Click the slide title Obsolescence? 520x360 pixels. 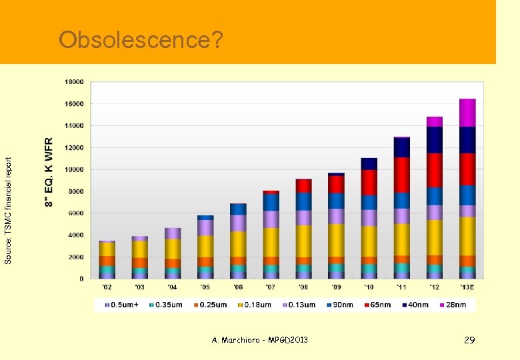click(x=141, y=40)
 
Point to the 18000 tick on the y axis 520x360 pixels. click(x=74, y=82)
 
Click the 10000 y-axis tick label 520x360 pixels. click(x=74, y=169)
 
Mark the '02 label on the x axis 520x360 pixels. click(x=107, y=287)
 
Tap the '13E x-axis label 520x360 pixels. click(x=467, y=287)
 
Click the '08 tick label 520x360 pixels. click(x=303, y=287)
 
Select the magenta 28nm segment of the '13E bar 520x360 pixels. click(x=467, y=113)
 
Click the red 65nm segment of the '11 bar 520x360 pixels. click(x=402, y=175)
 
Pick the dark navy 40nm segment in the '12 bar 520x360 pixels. click(x=435, y=139)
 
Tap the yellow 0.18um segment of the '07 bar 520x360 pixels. click(x=271, y=242)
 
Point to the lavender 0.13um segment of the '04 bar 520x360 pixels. click(x=173, y=233)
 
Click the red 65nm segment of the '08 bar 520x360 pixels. click(x=303, y=185)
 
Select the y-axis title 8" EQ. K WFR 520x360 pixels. click(x=49, y=172)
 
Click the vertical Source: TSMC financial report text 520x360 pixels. click(x=8, y=210)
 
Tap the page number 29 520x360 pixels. click(x=469, y=341)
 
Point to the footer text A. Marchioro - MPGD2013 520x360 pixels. click(x=260, y=341)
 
